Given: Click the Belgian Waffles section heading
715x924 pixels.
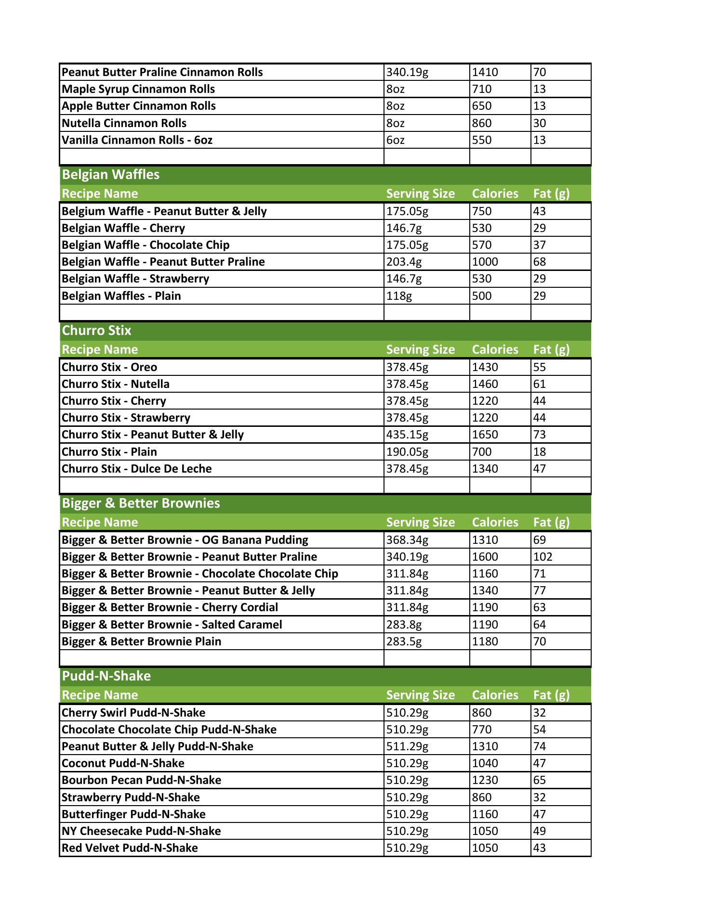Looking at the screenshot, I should (111, 175).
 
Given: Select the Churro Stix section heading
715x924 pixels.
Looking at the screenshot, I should (97, 331).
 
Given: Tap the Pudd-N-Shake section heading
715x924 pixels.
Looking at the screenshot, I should (106, 676).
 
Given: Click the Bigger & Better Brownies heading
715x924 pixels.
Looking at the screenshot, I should (141, 503).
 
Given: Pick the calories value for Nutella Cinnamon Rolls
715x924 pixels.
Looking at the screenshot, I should (482, 123).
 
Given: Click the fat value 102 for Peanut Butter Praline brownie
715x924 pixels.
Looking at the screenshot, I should (543, 557).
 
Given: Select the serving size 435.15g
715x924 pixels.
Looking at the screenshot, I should (407, 435).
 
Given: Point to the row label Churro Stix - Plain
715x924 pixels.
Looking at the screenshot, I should (109, 452).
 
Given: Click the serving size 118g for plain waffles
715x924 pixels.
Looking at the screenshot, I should (399, 296).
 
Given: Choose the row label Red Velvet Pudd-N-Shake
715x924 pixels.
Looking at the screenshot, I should (130, 847).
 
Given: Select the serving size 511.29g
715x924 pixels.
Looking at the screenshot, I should (407, 746).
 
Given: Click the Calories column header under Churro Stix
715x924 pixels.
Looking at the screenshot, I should (495, 349).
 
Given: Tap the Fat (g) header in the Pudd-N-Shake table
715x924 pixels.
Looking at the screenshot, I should (551, 695).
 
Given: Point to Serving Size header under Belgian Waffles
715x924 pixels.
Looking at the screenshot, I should (420, 193).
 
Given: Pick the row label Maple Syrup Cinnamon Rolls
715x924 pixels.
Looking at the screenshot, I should (138, 89).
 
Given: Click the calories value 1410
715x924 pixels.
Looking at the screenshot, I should (485, 72).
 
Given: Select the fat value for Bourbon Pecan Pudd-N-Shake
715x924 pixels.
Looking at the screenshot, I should (540, 780).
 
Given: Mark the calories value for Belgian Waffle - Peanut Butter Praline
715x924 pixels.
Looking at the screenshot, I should (485, 262).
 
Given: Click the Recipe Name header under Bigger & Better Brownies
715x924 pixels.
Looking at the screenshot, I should (100, 522).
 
